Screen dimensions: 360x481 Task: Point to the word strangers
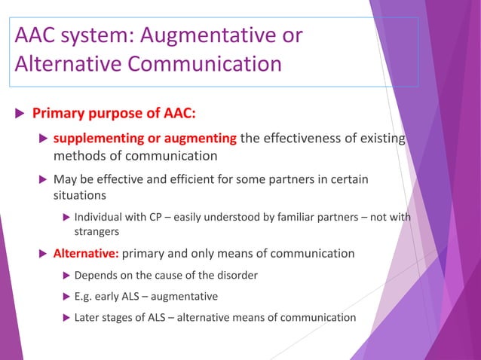(98, 233)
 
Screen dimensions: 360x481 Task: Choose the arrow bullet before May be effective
(43, 180)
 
